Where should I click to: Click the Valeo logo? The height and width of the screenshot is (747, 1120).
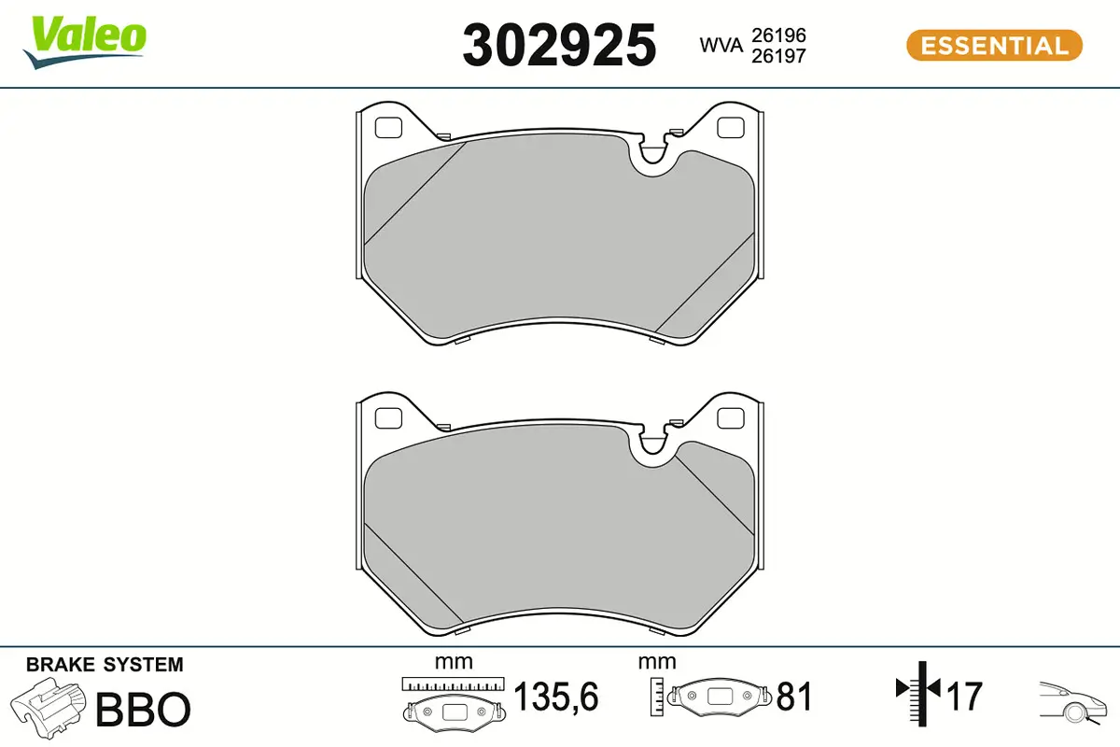pos(85,42)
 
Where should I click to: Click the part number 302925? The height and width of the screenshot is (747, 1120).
pos(559,46)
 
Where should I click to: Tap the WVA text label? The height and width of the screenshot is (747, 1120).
pos(721,46)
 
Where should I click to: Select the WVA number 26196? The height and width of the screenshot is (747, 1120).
pos(778,35)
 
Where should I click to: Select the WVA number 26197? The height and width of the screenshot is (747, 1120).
pos(778,56)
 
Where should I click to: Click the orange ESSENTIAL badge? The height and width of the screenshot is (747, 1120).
pos(994,46)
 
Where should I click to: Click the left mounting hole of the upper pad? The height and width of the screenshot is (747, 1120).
pos(388,128)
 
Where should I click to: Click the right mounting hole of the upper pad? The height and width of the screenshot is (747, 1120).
pos(731,128)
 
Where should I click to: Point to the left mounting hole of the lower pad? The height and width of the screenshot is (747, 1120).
pos(388,418)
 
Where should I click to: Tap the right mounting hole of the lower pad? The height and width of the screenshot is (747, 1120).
pos(731,418)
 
